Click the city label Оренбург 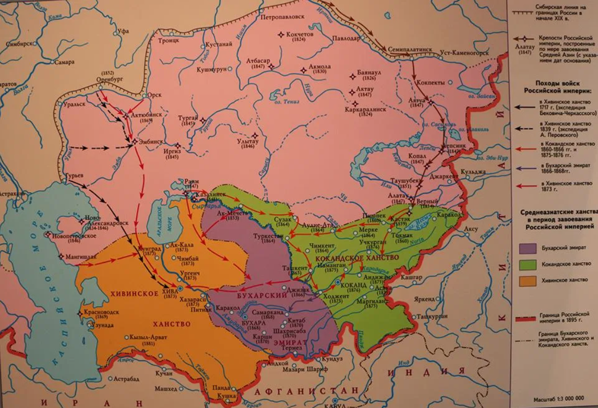[109, 79]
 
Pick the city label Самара [64, 62]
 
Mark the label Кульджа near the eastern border [474, 171]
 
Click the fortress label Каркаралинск [365, 110]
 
